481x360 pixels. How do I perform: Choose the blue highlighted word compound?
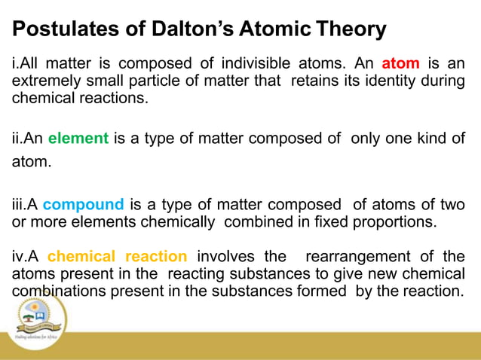[83, 205]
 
